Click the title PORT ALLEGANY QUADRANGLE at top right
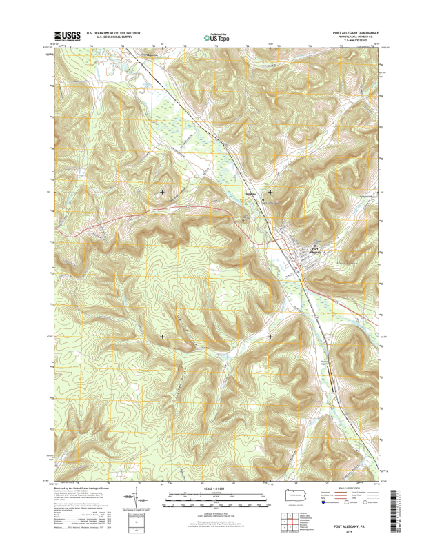(x=356, y=32)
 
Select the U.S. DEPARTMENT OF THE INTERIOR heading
(x=113, y=32)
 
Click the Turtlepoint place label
(x=250, y=194)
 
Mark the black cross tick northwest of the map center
(x=162, y=191)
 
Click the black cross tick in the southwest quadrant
(x=162, y=336)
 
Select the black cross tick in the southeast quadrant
(x=270, y=336)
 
